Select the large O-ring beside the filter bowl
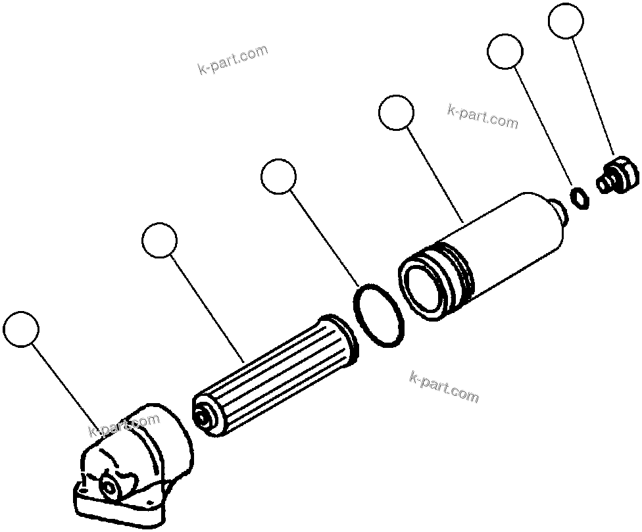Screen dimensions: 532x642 [x=379, y=315]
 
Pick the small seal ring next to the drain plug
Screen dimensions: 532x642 [x=579, y=197]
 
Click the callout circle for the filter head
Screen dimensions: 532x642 [x=21, y=329]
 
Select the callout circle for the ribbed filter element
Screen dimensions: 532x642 [x=159, y=240]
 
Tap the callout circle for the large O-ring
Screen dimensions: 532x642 [x=278, y=176]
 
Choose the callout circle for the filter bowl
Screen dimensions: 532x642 [x=397, y=112]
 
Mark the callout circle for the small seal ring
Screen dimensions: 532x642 [x=506, y=51]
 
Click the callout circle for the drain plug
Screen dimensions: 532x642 [x=566, y=21]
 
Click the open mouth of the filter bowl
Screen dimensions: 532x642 [x=424, y=287]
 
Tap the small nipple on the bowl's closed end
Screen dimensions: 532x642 [x=562, y=213]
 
